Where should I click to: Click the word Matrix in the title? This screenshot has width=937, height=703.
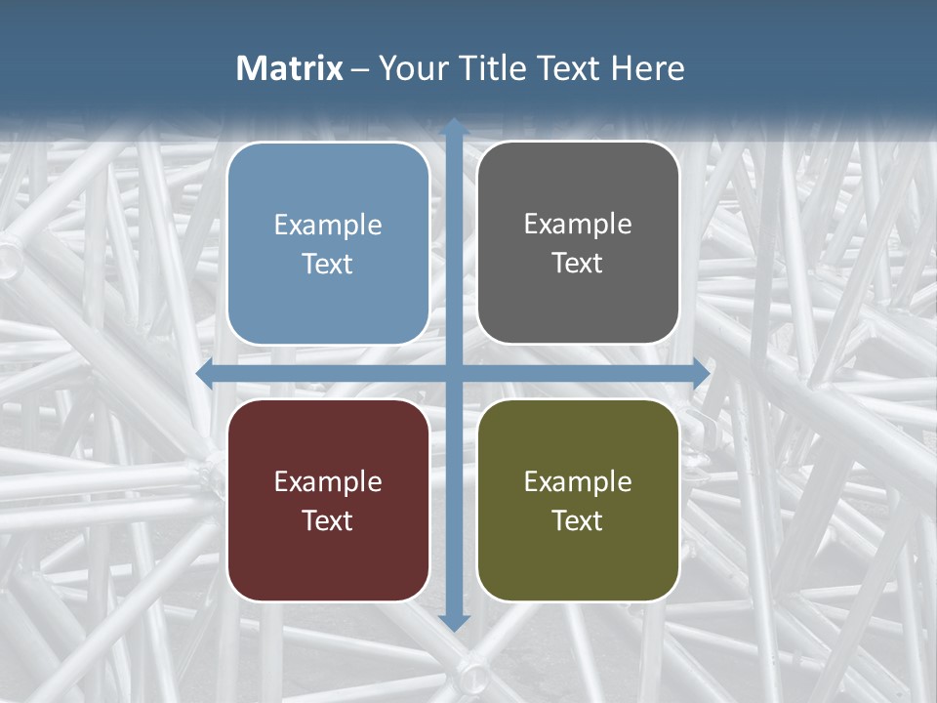(x=289, y=68)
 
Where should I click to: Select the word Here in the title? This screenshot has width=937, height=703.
(x=647, y=68)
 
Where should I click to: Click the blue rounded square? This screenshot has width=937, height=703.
(x=328, y=243)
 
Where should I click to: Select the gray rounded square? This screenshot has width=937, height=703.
(x=578, y=243)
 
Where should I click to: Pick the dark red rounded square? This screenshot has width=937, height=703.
(x=328, y=500)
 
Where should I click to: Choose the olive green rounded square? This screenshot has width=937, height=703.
(x=578, y=500)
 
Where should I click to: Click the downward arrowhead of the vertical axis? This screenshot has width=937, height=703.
(x=454, y=622)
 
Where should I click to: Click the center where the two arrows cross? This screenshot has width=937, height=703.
(x=454, y=374)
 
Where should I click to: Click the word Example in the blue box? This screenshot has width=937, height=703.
(x=328, y=226)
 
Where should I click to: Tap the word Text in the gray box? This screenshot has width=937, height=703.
(x=578, y=264)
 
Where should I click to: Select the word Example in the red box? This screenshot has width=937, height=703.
(x=328, y=481)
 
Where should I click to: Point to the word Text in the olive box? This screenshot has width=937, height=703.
(x=578, y=520)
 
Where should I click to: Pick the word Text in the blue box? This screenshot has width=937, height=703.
(x=328, y=265)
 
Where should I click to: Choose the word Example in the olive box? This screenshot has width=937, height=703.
(x=578, y=481)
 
